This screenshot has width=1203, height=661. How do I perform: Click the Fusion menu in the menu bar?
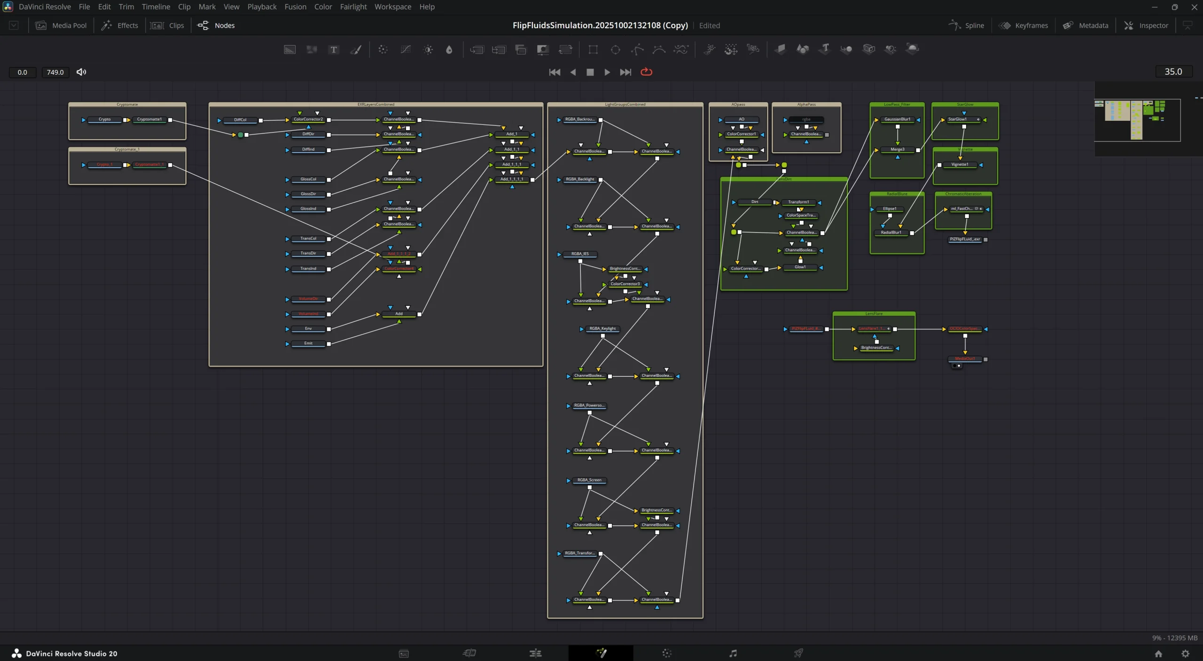(295, 7)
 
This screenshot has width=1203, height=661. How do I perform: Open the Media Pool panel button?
(62, 25)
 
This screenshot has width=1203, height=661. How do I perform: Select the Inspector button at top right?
(1147, 25)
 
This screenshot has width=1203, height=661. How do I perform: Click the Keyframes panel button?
(1024, 25)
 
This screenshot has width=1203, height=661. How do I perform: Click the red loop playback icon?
(646, 72)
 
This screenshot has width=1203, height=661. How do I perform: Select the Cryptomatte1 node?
(149, 119)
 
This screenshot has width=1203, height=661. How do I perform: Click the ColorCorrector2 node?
(308, 119)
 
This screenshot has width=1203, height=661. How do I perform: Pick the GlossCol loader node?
(308, 179)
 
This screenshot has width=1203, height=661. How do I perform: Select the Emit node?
(308, 343)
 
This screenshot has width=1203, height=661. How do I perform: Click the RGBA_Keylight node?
(602, 329)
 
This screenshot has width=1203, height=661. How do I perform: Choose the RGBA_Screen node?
(589, 480)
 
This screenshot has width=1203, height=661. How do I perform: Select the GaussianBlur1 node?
(897, 119)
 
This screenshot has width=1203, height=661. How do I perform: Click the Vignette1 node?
(959, 164)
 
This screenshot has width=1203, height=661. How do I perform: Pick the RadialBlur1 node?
(891, 233)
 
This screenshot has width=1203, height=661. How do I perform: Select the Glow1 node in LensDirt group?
(800, 267)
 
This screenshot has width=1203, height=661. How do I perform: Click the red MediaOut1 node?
(965, 359)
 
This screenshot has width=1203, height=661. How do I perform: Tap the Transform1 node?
(798, 202)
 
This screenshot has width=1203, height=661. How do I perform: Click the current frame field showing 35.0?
(1173, 71)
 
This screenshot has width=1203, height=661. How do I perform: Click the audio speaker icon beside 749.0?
(81, 72)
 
